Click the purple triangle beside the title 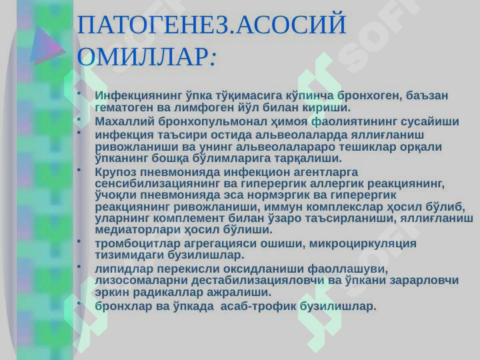click(47, 45)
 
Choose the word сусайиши click(430, 121)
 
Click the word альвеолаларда click(301, 135)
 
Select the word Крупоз click(115, 172)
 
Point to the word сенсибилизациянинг click(157, 184)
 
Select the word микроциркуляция click(363, 244)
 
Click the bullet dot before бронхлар click(79, 303)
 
